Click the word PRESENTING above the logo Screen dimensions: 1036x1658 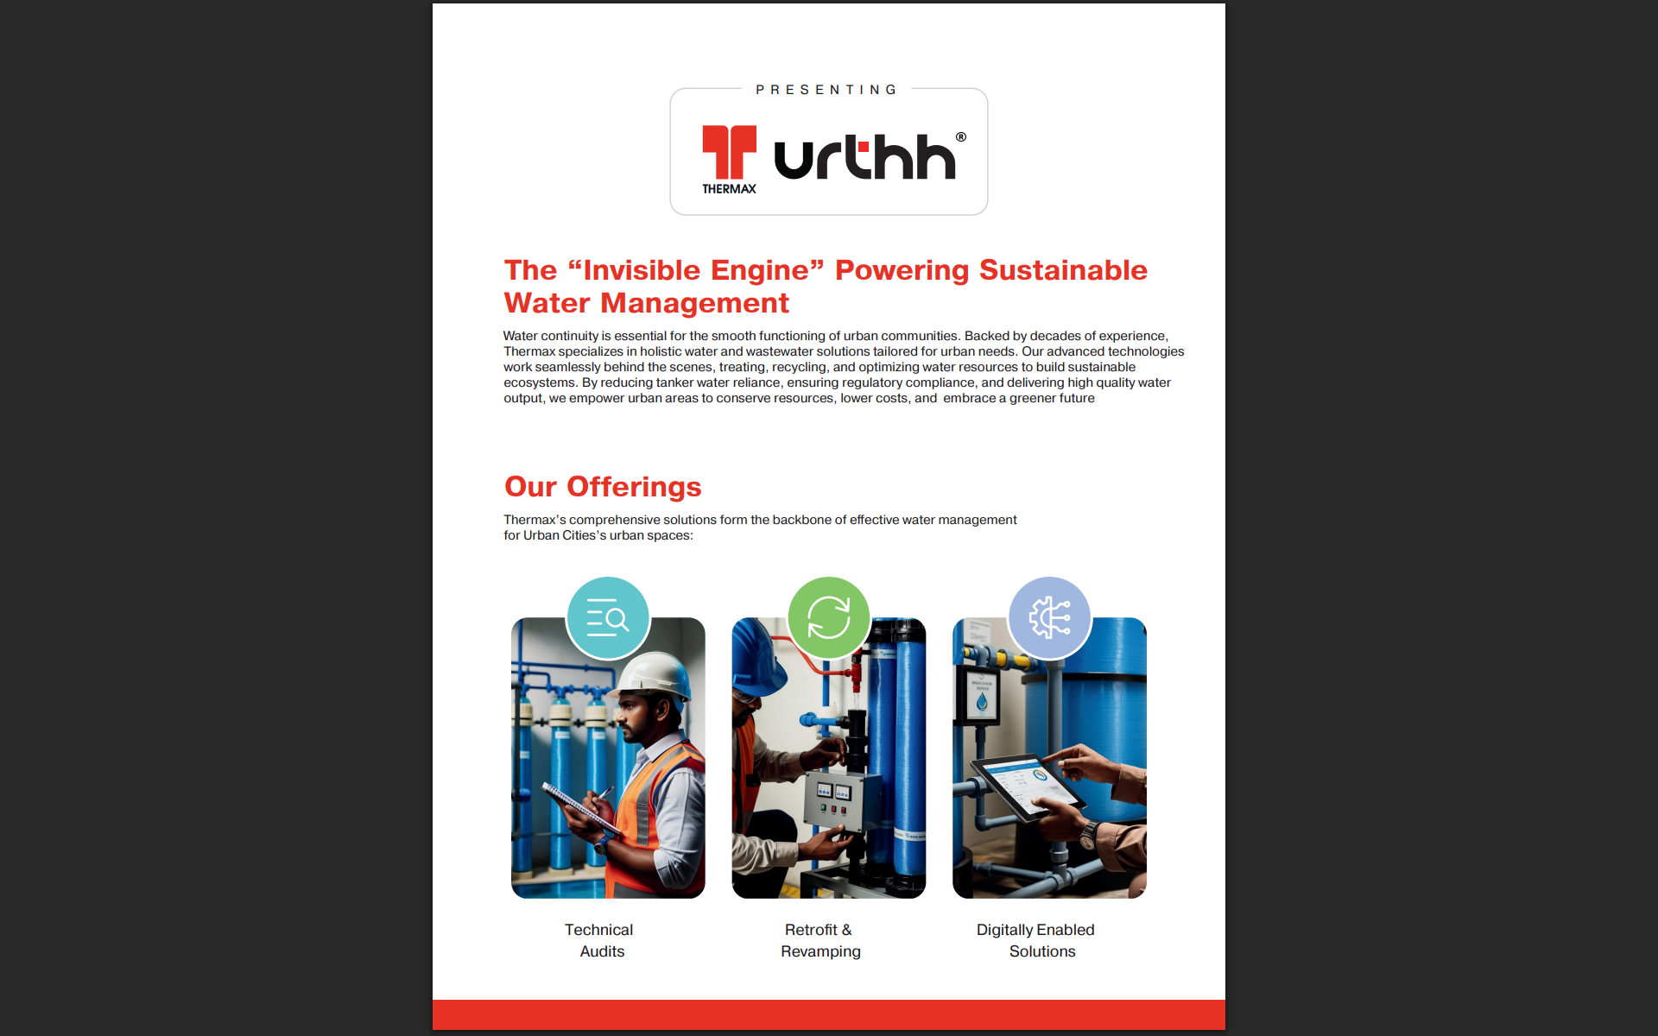click(826, 90)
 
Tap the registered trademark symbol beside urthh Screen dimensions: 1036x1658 click(961, 137)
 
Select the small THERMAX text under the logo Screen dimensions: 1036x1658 click(729, 189)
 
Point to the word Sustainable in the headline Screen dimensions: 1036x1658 click(1063, 270)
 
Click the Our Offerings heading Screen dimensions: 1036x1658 click(603, 487)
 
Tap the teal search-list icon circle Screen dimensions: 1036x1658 click(608, 618)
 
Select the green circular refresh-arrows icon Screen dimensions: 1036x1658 click(829, 618)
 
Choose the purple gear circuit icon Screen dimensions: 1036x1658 click(1049, 618)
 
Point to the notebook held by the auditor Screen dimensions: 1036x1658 click(577, 805)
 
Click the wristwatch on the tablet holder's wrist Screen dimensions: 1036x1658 click(1091, 835)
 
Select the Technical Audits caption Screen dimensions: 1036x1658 click(600, 940)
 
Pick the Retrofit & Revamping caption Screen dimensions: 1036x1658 click(820, 940)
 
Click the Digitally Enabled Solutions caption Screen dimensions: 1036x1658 click(1036, 940)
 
